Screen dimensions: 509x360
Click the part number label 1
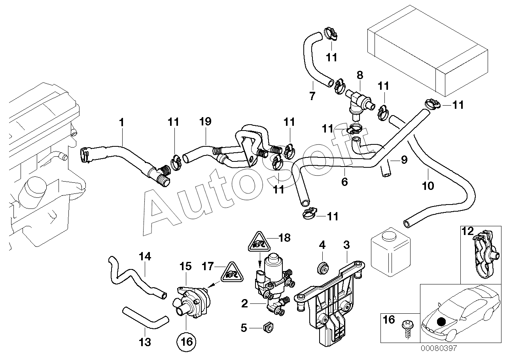(122, 123)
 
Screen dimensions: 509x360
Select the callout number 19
(205, 121)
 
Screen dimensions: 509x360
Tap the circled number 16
(187, 341)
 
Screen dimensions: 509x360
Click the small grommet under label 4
(323, 268)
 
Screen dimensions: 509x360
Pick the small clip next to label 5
(269, 328)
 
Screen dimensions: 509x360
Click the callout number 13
(145, 342)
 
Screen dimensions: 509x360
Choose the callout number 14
(145, 257)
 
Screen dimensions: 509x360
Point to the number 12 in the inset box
(467, 231)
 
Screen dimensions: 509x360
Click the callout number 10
(428, 186)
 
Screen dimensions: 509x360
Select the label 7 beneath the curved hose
(312, 97)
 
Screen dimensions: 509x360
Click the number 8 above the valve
(360, 75)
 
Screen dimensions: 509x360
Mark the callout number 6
(344, 182)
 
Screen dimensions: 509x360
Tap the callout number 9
(404, 160)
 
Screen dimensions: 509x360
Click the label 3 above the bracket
(346, 245)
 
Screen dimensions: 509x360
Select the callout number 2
(244, 304)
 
